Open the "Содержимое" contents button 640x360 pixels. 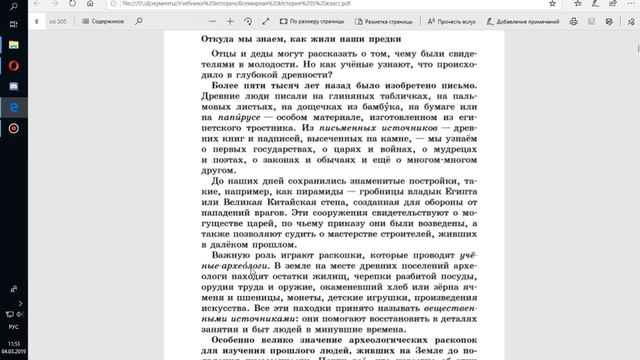click(105, 19)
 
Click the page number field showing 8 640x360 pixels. click(38, 19)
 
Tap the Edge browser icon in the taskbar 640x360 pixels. click(13, 106)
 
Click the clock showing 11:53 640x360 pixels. click(13, 343)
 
